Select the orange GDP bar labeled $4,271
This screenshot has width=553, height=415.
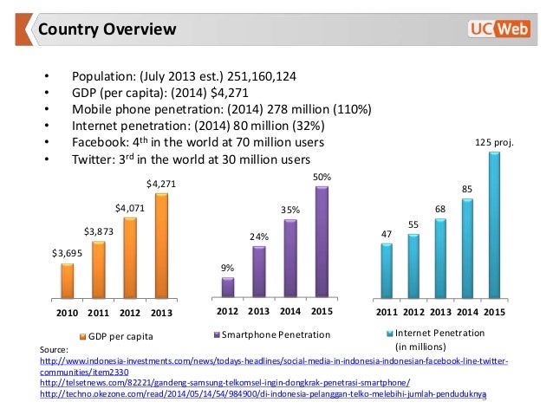point(161,245)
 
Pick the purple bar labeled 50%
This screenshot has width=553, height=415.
point(322,241)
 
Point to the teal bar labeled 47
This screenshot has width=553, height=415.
point(387,269)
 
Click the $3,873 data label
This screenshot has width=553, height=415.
point(98,231)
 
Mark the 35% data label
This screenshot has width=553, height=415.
point(290,210)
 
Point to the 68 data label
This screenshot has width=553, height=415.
point(440,209)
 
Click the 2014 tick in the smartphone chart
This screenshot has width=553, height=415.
point(290,311)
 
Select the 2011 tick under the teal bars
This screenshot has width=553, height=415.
point(387,311)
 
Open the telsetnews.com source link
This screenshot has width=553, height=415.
point(224,382)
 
